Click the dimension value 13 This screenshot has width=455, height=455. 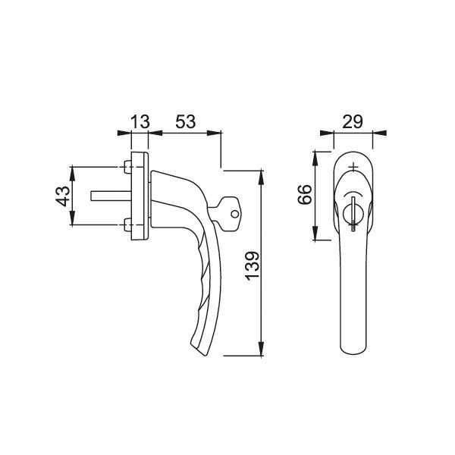[x=140, y=122]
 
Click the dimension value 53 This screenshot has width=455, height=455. [x=186, y=122]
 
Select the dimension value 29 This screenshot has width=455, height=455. [x=353, y=122]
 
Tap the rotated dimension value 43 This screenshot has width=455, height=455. [x=63, y=196]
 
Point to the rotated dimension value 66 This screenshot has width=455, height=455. [x=305, y=194]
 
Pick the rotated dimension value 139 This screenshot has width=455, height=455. [x=252, y=266]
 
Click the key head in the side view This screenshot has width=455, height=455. [x=229, y=214]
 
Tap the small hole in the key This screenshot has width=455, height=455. [x=235, y=215]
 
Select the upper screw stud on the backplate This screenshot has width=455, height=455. [x=127, y=167]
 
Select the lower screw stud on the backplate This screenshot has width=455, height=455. [x=127, y=225]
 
